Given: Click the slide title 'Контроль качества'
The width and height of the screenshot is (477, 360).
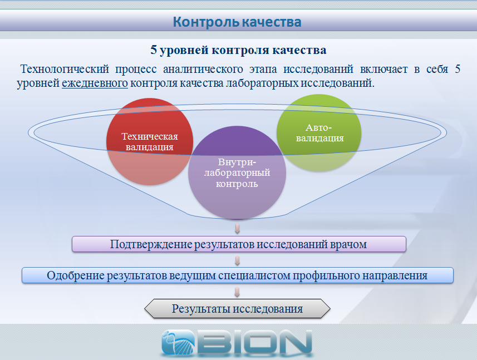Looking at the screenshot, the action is tap(237, 22).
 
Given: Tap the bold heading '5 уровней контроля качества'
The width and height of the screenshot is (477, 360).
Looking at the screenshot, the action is tap(238, 50).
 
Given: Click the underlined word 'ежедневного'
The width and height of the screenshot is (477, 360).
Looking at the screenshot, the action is tap(95, 83).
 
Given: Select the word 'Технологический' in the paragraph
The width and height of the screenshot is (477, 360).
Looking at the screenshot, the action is tap(65, 69).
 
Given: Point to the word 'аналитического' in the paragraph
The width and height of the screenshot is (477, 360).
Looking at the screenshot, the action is tap(203, 69).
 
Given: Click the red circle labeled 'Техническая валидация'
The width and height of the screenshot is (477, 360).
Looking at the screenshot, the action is tap(150, 141).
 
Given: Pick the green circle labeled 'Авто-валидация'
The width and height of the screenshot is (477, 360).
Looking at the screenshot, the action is tap(319, 133).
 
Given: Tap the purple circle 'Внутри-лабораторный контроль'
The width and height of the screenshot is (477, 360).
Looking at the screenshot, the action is tap(237, 172).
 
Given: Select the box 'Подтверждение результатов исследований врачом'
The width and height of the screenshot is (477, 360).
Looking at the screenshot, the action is tap(239, 244).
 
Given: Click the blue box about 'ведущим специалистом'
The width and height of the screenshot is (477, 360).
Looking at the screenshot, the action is tap(238, 275).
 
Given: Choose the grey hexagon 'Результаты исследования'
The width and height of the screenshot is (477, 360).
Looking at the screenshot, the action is tap(237, 309).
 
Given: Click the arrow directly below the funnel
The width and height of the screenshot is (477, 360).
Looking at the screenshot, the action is tap(237, 228).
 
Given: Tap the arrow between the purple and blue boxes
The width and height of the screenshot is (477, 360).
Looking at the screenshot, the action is tap(237, 260).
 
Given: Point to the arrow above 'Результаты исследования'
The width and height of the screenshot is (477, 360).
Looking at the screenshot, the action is tap(237, 292).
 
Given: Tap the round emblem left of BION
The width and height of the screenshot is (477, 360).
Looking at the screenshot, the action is tap(178, 342).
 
